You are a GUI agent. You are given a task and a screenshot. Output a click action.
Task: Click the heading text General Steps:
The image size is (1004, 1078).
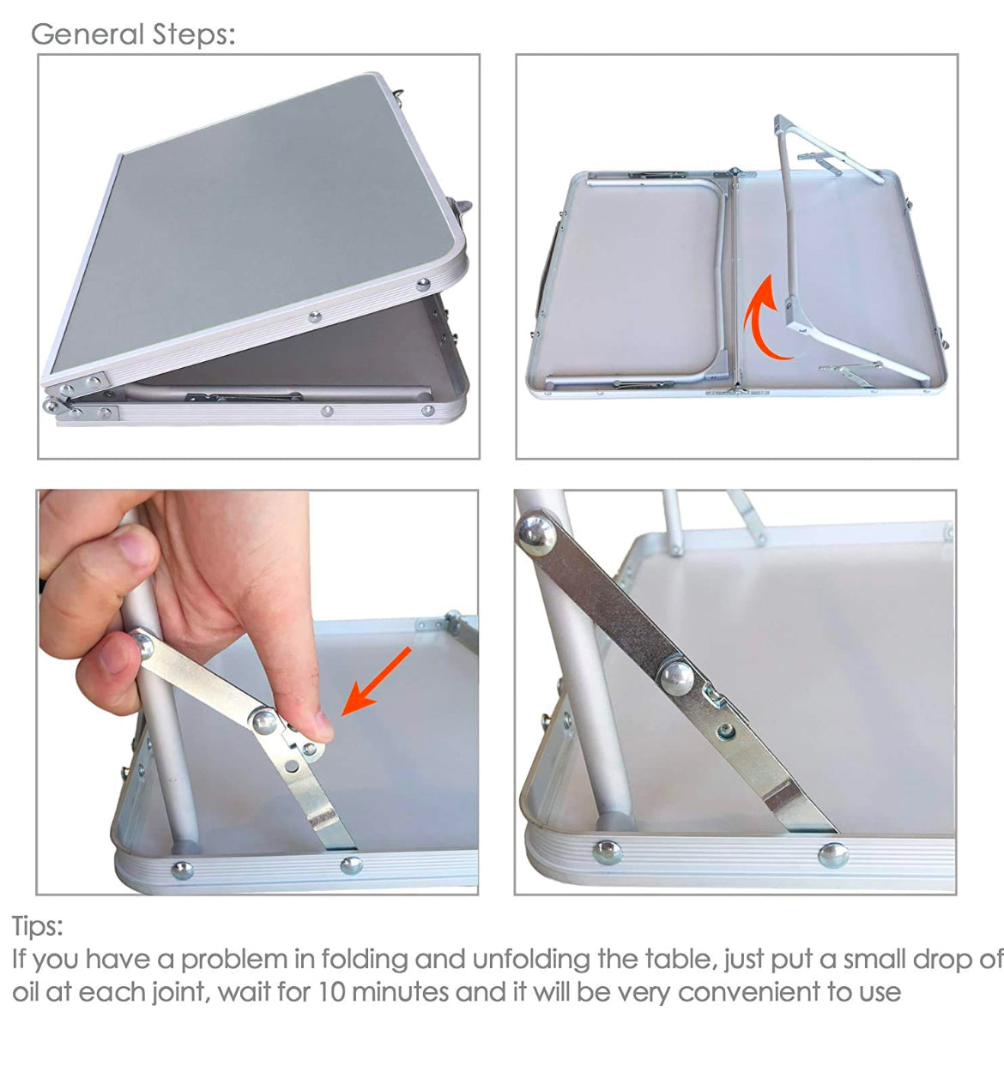pos(133,35)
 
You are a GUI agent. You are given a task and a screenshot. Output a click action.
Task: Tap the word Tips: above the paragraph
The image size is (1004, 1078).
pos(38,926)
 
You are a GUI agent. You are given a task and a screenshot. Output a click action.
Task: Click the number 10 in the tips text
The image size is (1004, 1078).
pos(331,992)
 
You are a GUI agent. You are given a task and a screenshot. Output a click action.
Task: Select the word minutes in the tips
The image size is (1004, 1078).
pos(400,992)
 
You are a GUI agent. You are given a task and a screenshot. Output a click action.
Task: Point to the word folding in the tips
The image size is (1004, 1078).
pos(364,961)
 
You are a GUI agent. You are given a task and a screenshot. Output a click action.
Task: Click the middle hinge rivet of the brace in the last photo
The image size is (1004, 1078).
pos(677,678)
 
